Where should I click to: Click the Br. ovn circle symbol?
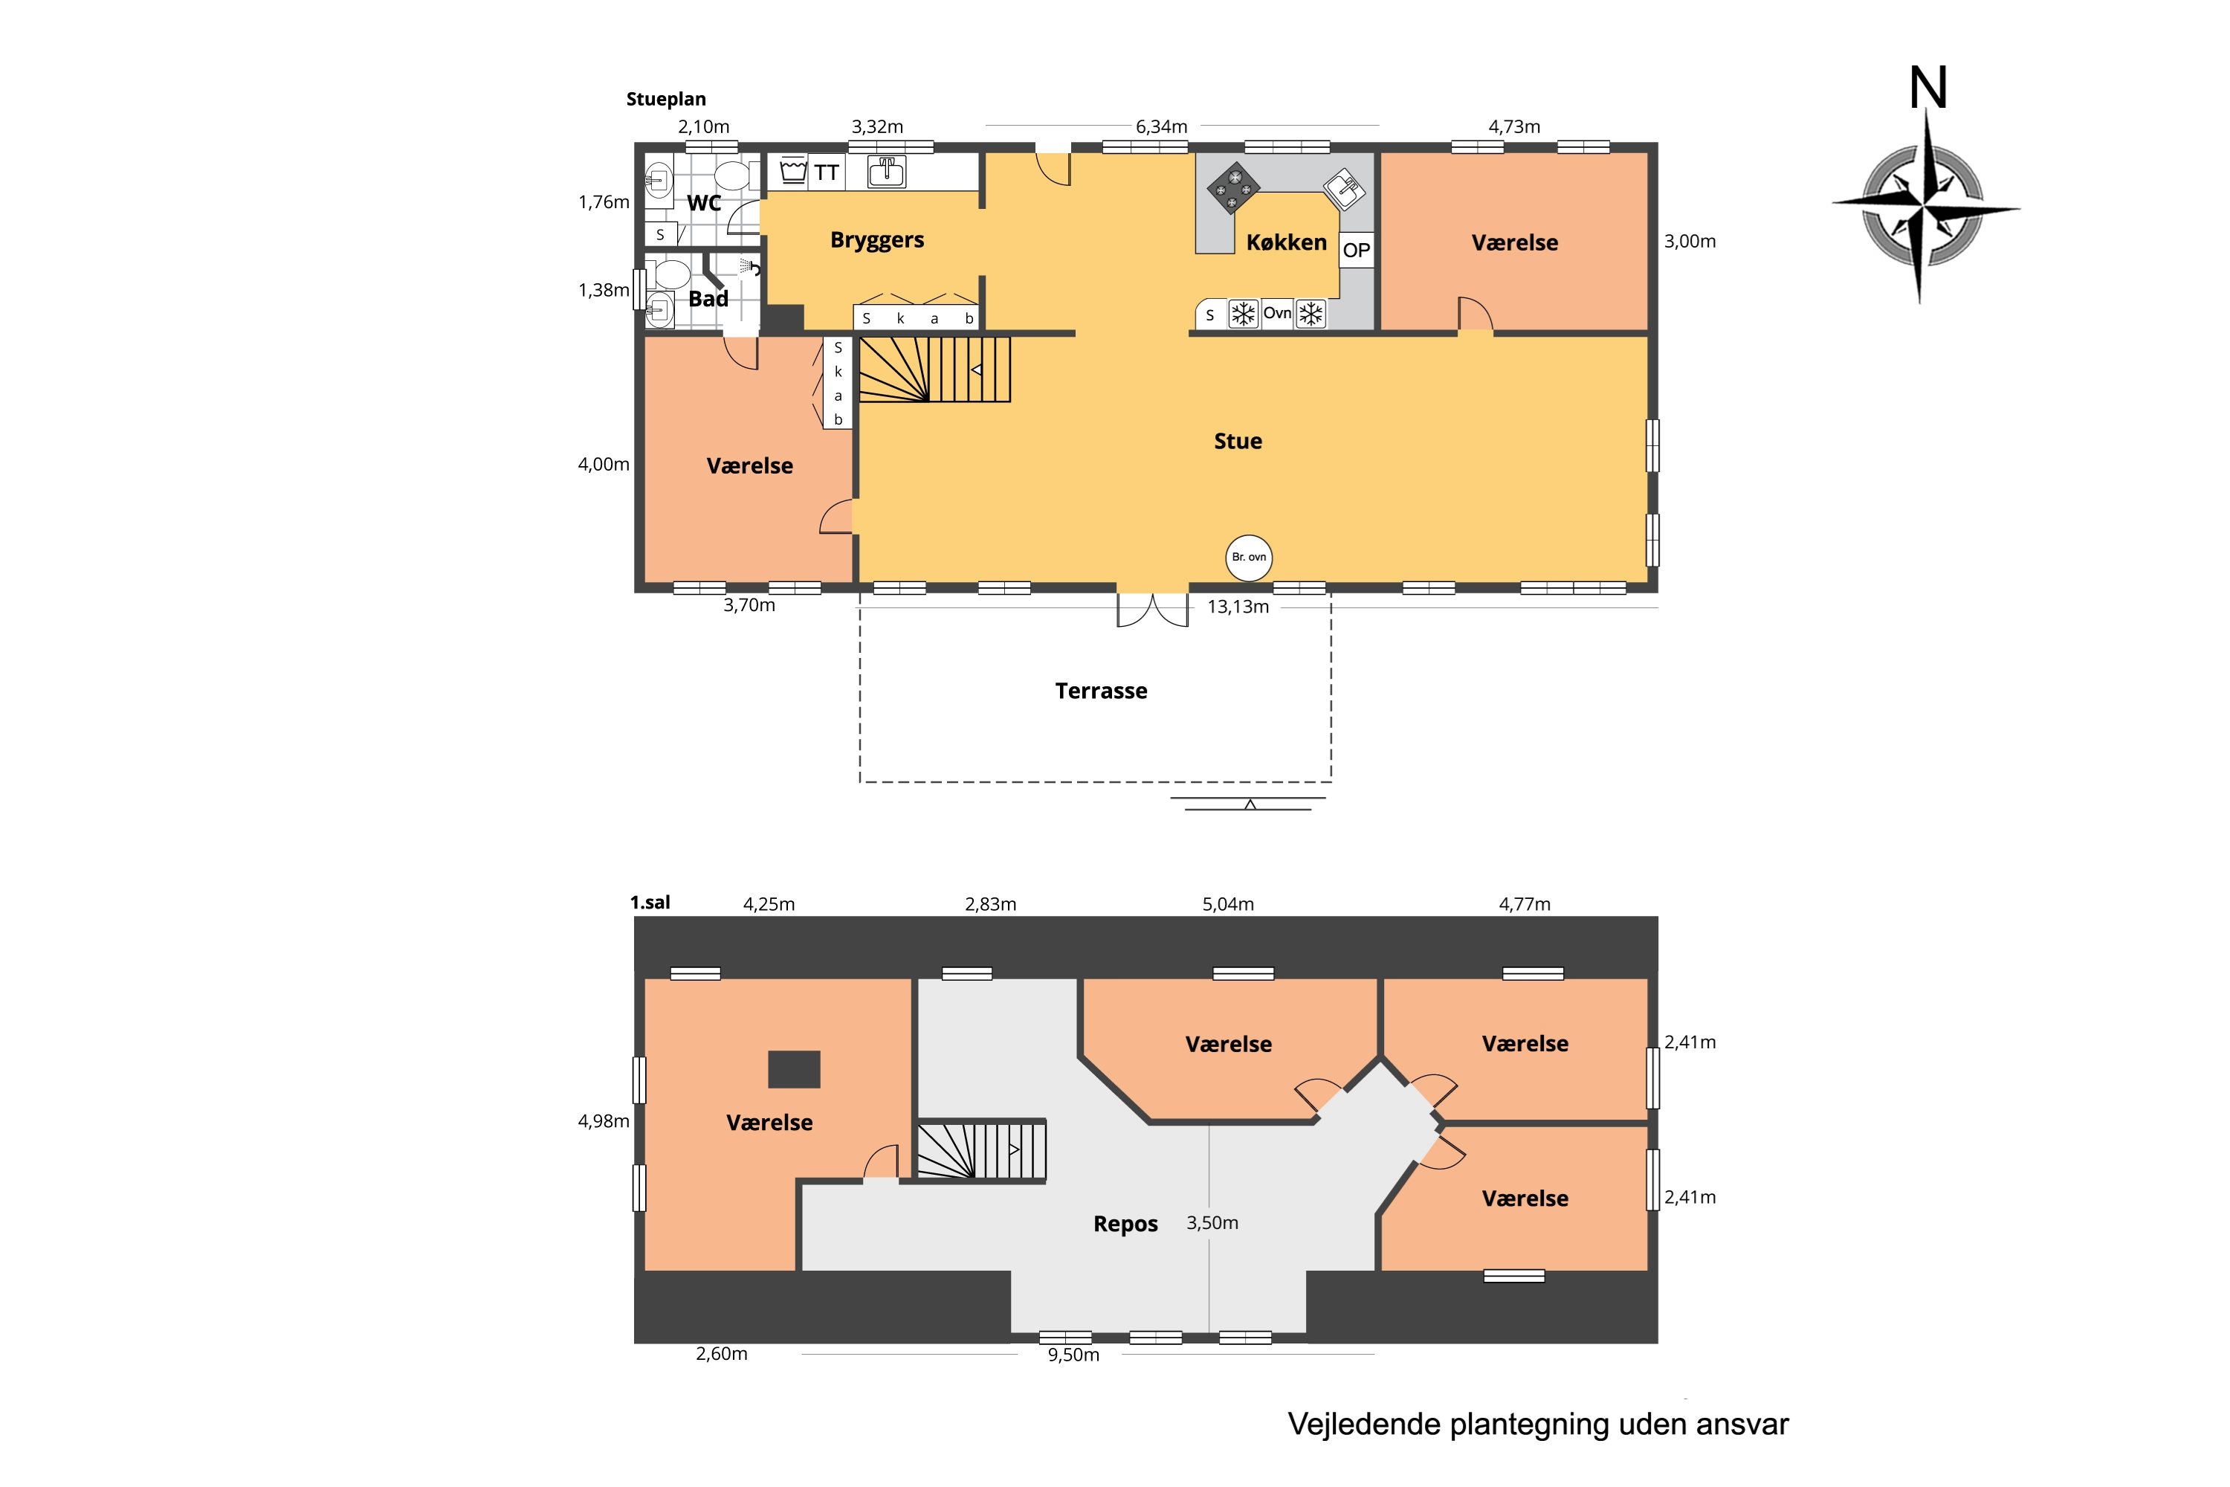[x=1249, y=558]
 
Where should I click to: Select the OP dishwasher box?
[x=1356, y=251]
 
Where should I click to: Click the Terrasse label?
[x=1101, y=691]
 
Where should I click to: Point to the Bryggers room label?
[x=877, y=240]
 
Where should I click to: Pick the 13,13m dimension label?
[x=1238, y=607]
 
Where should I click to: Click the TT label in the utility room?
[x=826, y=172]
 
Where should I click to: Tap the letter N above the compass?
[x=1927, y=88]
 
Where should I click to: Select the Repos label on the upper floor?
[x=1125, y=1225]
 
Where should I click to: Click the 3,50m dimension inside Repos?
[x=1212, y=1223]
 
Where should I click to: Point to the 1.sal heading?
[x=650, y=903]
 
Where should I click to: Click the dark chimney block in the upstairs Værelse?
[x=794, y=1070]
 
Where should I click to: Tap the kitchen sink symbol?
[x=1345, y=187]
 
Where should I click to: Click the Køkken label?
[x=1286, y=243]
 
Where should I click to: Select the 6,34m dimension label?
[x=1161, y=127]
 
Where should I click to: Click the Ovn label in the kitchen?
[x=1277, y=313]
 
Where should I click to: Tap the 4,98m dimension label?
[x=604, y=1122]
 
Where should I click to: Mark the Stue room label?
[x=1238, y=441]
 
